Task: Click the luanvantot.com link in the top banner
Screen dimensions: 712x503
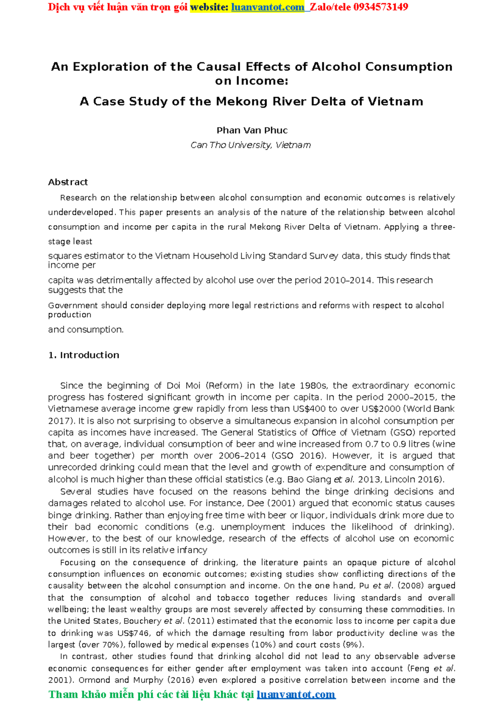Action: tap(268, 7)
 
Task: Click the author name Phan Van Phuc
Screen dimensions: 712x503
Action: tap(251, 130)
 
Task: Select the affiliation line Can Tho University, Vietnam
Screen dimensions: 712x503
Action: tap(251, 145)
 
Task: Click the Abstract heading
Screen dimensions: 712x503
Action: tap(68, 182)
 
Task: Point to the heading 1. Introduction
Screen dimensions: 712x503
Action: tap(84, 355)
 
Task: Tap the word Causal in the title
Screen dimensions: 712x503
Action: tap(219, 67)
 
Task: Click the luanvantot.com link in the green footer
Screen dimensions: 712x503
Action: tap(296, 695)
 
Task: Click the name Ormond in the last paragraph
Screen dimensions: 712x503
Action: tap(94, 680)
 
